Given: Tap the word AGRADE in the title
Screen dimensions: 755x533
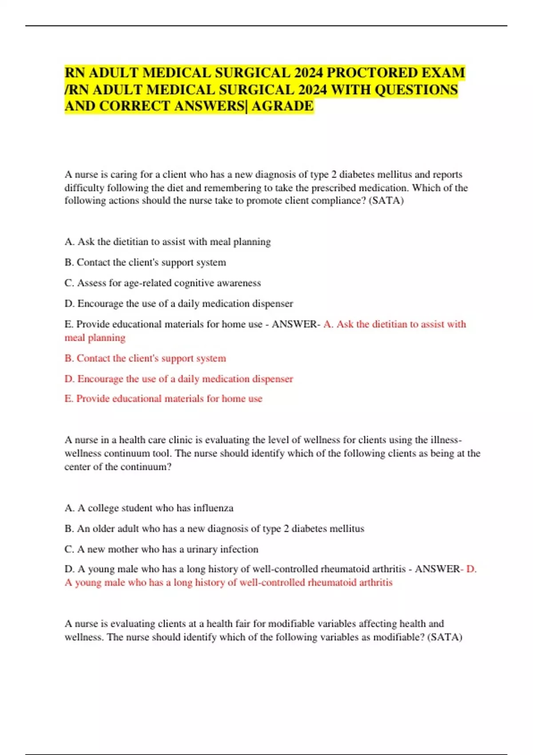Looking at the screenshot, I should pos(282,106).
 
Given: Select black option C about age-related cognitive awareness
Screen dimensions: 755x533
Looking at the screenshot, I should pos(163,283).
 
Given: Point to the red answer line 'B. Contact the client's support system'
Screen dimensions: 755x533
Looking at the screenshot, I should pos(145,358).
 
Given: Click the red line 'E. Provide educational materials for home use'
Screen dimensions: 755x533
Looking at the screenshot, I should pos(163,398).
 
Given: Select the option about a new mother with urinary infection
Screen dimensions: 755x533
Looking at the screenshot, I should pos(161,549).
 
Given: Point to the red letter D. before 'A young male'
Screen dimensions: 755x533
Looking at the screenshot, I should pos(471,569).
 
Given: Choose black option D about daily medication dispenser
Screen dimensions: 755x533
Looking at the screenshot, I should pos(179,303).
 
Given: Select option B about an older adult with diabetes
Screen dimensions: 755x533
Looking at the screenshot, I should pos(214,528).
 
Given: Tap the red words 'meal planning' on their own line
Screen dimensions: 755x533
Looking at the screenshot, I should pos(95,338).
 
